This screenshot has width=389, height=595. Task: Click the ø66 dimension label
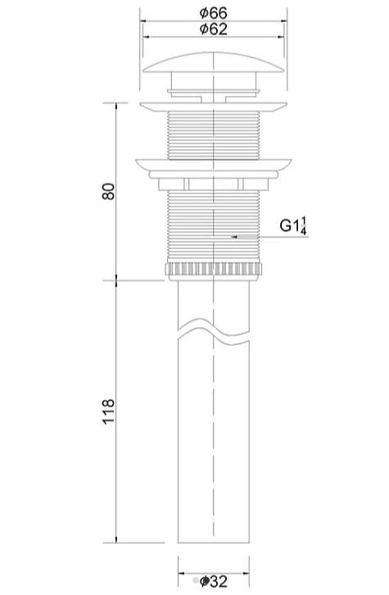click(x=212, y=13)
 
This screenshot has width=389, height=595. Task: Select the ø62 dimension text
click(x=212, y=30)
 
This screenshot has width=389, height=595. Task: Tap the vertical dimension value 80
click(x=106, y=191)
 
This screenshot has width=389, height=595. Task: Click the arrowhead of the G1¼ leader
click(x=234, y=237)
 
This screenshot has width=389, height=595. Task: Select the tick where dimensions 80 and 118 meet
click(x=115, y=279)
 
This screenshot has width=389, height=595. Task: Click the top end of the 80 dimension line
click(x=115, y=102)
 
